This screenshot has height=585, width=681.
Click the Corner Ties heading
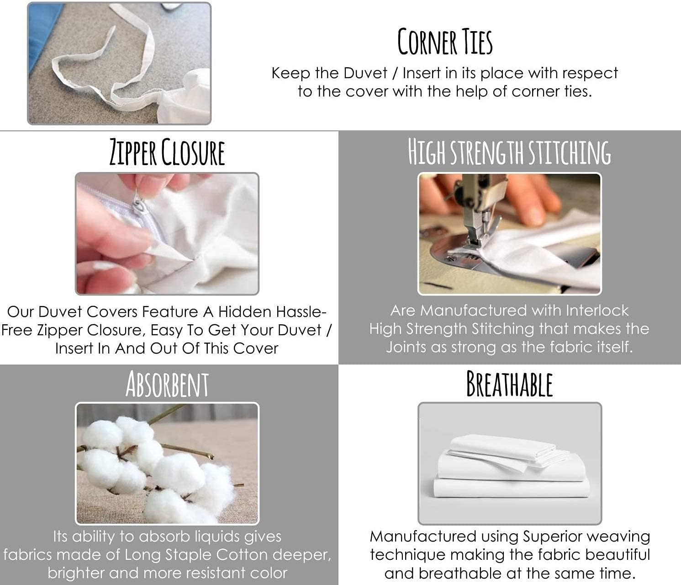pyautogui.click(x=445, y=42)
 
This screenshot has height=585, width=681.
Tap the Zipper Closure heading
pyautogui.click(x=167, y=152)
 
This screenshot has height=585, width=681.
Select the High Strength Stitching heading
pyautogui.click(x=509, y=152)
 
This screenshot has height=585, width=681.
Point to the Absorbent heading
pyautogui.click(x=167, y=385)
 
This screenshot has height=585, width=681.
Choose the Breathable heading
pyautogui.click(x=509, y=384)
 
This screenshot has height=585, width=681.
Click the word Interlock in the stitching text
pyautogui.click(x=597, y=311)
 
